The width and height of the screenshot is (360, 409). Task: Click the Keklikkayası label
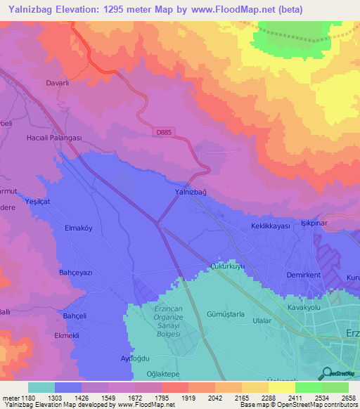click(x=271, y=226)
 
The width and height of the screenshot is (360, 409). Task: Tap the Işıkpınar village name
click(x=315, y=221)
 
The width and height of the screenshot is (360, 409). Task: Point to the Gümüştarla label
click(x=225, y=315)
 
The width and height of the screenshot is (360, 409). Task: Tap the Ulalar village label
click(x=262, y=320)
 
